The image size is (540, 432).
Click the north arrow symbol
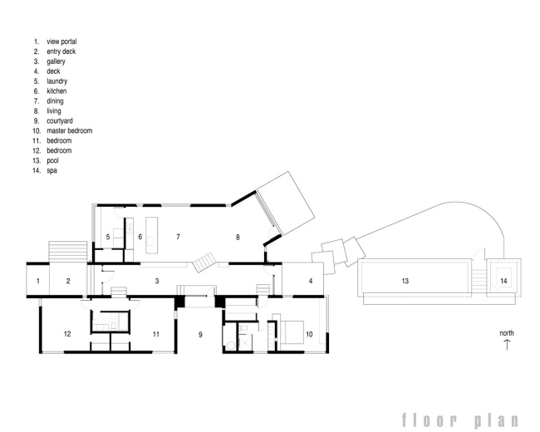point(507,345)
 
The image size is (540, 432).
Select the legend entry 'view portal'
point(61,42)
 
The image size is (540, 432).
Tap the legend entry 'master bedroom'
point(70,131)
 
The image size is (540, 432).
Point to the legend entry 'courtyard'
point(60,121)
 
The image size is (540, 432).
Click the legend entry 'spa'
point(52,170)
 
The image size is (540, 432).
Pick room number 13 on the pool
point(405,281)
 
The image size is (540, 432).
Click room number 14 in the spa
point(503,281)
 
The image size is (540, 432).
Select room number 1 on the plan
point(38,281)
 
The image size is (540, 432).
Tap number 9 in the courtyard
point(200,335)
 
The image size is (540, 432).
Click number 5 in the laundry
point(108,237)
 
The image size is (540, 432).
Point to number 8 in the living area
point(238,237)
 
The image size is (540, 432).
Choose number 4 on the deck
point(311,281)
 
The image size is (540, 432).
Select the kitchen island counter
point(151,235)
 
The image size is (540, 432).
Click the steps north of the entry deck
point(68,251)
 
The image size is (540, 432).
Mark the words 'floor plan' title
point(460,420)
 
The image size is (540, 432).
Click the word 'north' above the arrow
point(507,333)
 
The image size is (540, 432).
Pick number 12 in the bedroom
point(67,334)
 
